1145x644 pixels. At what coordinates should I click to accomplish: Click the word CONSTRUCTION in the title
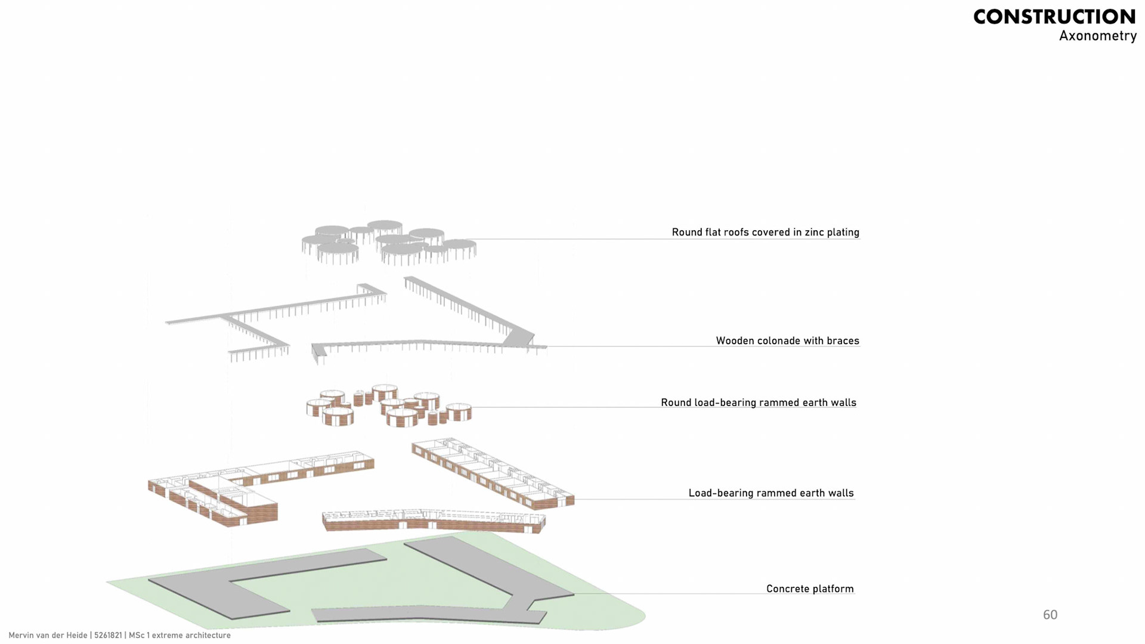1054,17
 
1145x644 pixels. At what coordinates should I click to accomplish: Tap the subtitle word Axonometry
1097,36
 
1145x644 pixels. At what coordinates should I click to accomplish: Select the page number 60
1050,615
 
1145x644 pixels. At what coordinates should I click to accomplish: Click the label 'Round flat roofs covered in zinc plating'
765,232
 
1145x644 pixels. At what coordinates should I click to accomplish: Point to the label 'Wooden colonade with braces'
787,340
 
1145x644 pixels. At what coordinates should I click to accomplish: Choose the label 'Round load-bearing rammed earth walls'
758,402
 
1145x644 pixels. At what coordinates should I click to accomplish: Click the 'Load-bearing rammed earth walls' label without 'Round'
770,493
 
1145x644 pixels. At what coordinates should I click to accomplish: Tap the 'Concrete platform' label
809,589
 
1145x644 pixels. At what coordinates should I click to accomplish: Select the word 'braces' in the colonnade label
843,340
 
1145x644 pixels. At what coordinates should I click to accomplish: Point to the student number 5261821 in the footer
108,635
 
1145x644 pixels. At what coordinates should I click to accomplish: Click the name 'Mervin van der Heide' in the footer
48,635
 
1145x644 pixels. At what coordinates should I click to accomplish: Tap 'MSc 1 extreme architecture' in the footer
180,635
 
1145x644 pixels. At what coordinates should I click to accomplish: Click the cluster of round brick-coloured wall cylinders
388,405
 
